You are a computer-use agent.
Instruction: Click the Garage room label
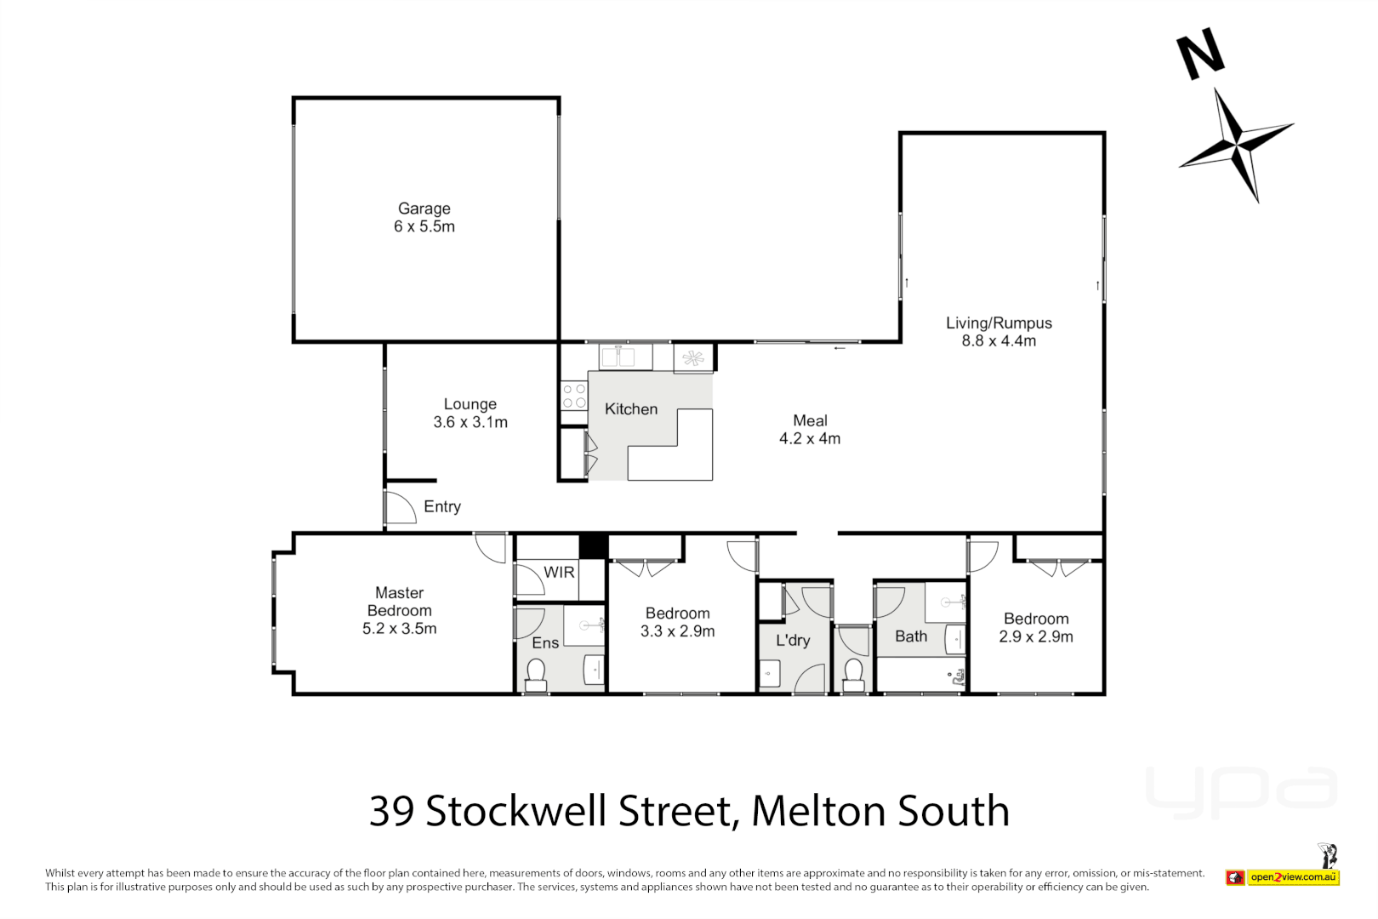click(424, 208)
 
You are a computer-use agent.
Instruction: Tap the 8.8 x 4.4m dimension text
click(999, 341)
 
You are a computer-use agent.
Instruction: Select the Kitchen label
click(630, 409)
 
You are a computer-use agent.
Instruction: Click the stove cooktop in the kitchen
click(574, 397)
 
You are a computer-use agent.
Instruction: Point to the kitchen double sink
click(618, 357)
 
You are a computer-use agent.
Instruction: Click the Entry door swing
click(399, 508)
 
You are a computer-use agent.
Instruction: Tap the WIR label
click(559, 573)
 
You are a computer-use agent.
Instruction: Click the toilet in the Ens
click(536, 675)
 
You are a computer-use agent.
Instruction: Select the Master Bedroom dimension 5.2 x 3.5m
click(399, 629)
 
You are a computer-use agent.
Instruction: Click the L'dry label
click(793, 641)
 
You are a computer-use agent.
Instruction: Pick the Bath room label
click(910, 636)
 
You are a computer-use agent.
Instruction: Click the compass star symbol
click(1235, 143)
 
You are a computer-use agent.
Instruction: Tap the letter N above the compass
click(1200, 54)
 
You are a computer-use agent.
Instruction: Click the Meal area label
click(810, 421)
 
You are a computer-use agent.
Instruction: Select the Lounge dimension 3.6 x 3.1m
click(470, 423)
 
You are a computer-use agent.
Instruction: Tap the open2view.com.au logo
click(1292, 877)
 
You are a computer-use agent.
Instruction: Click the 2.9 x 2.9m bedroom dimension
click(1035, 637)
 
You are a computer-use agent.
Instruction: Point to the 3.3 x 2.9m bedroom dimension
click(677, 631)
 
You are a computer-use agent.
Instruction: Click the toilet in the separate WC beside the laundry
click(853, 675)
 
